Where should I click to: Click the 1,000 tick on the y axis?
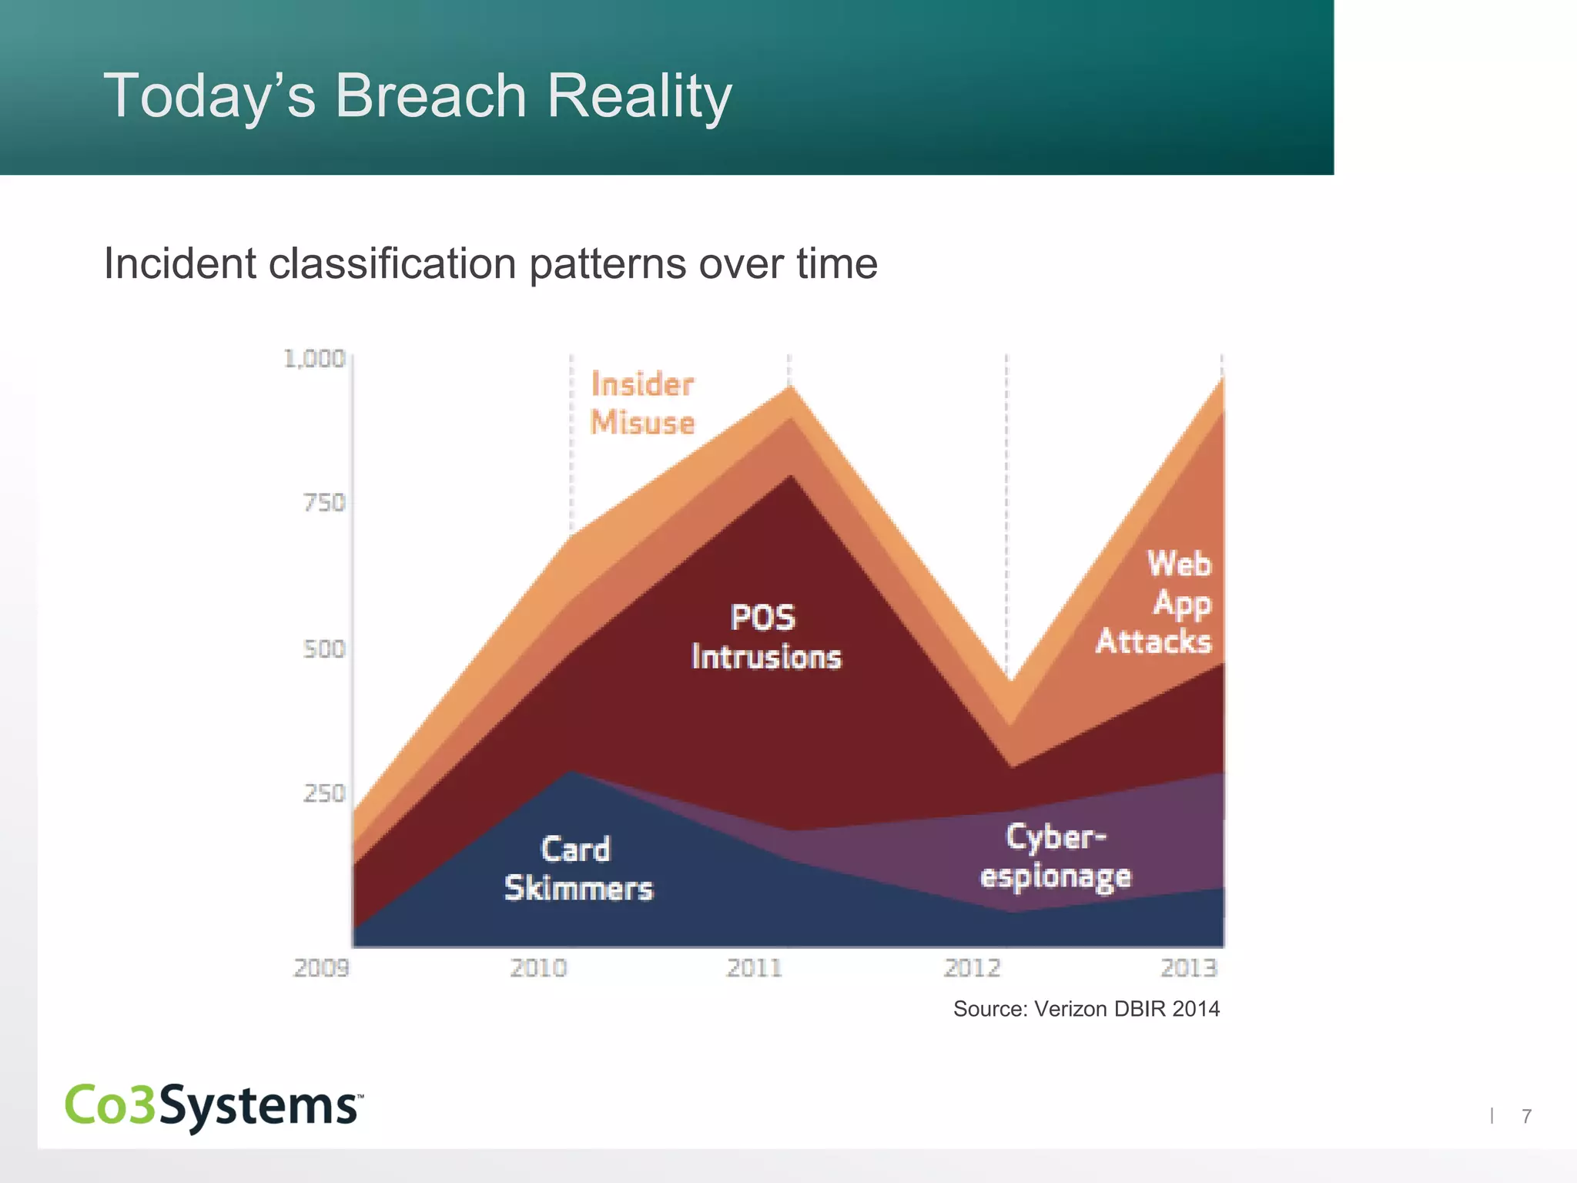pos(314,359)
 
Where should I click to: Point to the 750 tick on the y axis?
pos(324,503)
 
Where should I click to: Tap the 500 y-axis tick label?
pos(324,649)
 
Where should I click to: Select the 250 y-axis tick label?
pos(324,793)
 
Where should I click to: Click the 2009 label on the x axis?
pos(321,968)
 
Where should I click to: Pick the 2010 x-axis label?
pos(538,968)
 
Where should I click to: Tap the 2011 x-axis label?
pos(755,968)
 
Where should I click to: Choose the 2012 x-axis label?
pos(972,968)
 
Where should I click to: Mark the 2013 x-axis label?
pos(1189,968)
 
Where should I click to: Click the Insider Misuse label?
pos(642,404)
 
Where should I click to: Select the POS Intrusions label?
pos(765,638)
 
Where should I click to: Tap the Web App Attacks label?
pos(1155,603)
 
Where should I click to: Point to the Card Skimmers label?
pos(578,869)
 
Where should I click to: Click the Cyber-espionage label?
pos(1055,856)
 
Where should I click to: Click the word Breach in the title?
pos(430,96)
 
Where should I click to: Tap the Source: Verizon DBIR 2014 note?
pos(1086,1009)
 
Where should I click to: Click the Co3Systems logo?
pos(213,1106)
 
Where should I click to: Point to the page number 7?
pos(1526,1116)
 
